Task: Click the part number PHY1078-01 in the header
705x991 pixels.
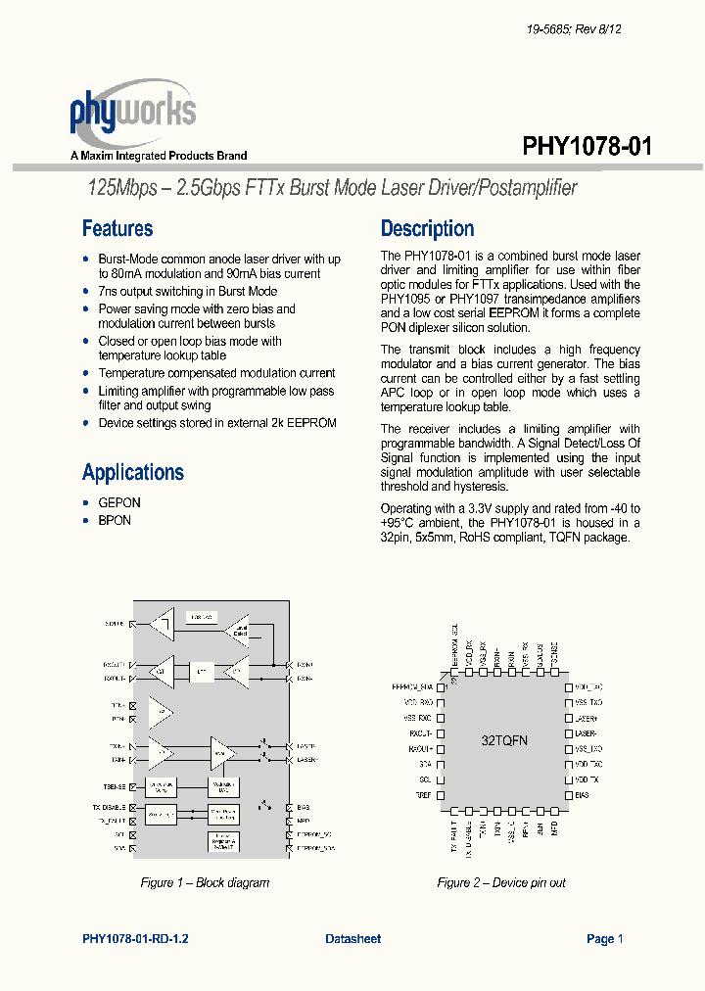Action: [x=587, y=146]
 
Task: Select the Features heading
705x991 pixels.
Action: [x=117, y=228]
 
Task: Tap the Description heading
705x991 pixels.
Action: [x=427, y=228]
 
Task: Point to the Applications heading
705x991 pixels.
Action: [x=133, y=472]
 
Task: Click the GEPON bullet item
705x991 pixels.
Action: [x=119, y=502]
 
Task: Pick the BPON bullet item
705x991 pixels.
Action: [x=115, y=520]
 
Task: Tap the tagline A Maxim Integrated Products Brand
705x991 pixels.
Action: [x=159, y=156]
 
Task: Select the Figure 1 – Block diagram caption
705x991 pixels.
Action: [x=205, y=882]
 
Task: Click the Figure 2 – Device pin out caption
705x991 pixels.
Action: [x=501, y=882]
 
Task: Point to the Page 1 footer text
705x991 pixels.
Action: [x=604, y=938]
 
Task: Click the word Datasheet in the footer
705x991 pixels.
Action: [x=352, y=938]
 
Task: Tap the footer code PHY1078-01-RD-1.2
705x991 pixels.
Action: [x=136, y=938]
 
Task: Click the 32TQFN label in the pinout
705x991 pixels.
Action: [x=503, y=740]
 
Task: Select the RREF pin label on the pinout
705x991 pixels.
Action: [x=423, y=795]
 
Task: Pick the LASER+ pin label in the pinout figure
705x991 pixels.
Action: [x=587, y=718]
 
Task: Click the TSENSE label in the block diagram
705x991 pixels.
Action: [x=116, y=785]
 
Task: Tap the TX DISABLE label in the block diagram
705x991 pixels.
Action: [x=110, y=807]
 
